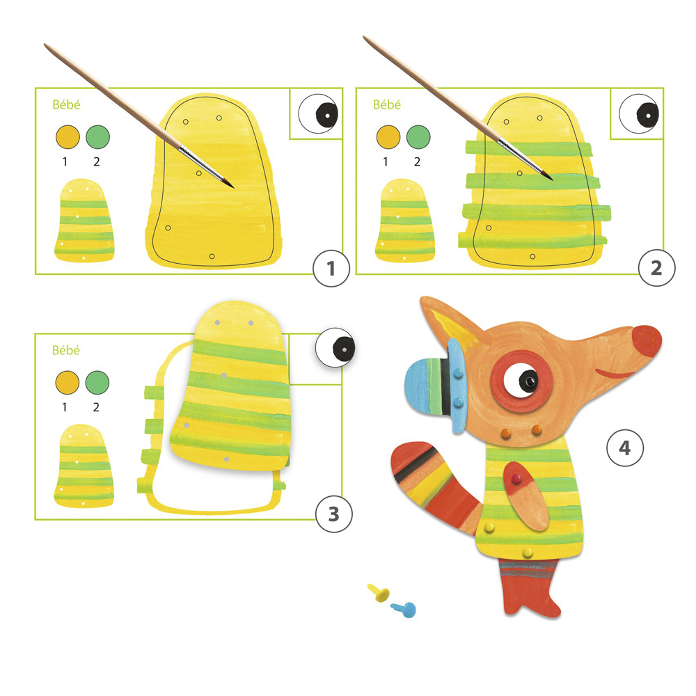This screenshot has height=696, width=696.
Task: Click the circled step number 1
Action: click(x=331, y=269)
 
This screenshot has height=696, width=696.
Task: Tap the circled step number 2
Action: click(x=656, y=268)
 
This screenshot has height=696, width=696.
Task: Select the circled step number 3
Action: click(x=334, y=514)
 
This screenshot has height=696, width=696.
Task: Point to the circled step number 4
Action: click(x=624, y=448)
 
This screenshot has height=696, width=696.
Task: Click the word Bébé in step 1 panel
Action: click(x=66, y=105)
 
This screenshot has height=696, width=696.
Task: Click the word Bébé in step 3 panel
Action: click(x=65, y=350)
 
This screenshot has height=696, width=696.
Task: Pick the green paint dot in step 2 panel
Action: click(x=418, y=136)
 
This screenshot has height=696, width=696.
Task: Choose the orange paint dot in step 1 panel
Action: click(x=68, y=136)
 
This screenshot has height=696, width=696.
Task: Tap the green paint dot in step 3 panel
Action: click(x=97, y=382)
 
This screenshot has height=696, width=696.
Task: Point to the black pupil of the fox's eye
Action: click(x=528, y=381)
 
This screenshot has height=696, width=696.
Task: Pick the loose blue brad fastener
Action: click(x=404, y=610)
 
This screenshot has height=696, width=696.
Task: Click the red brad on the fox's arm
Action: click(x=516, y=479)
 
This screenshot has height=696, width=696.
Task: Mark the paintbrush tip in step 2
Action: click(x=551, y=178)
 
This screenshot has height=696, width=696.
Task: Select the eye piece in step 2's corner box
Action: click(x=639, y=113)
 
